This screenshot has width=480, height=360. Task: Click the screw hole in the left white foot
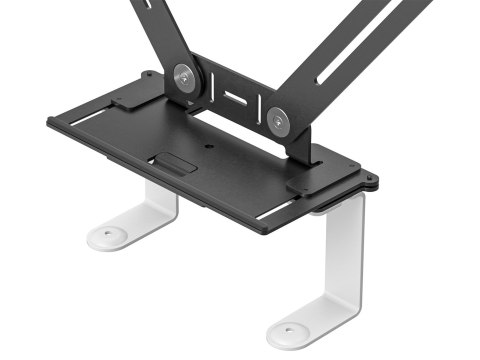107,235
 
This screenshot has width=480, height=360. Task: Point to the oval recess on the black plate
172,164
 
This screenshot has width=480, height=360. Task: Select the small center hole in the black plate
212,146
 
